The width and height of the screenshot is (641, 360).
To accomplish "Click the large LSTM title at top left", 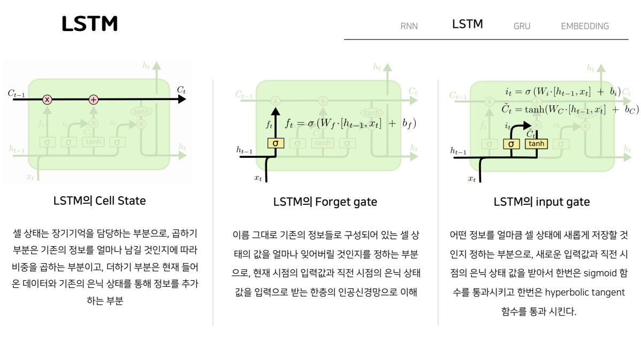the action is tap(89, 24).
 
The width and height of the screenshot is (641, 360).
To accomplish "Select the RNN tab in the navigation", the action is tap(409, 26).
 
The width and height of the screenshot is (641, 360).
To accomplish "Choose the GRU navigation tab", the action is tap(522, 26).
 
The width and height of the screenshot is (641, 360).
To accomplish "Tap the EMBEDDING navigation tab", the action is tap(585, 26).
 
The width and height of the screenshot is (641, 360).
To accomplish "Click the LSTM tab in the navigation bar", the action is tap(467, 24).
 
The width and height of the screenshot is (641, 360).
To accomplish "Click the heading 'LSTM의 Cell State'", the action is tap(100, 201).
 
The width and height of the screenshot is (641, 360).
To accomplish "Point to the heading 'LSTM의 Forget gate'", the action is tap(325, 202).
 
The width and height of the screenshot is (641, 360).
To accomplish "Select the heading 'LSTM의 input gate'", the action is tap(541, 202).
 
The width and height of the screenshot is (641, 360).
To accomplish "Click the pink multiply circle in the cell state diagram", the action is tap(47, 99).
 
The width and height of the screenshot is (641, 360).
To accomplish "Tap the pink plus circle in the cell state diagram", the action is tap(94, 99).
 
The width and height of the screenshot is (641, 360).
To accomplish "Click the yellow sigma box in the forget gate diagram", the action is tap(276, 143).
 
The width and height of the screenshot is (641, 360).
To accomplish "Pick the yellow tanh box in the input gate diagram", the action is tap(536, 143).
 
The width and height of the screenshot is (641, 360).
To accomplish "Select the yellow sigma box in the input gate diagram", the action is tap(511, 143).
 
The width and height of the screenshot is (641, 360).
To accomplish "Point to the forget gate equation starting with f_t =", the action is tap(350, 124).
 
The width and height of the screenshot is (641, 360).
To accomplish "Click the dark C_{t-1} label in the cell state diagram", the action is tap(16, 93).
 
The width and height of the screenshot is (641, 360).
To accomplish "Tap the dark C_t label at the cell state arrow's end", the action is tap(181, 90).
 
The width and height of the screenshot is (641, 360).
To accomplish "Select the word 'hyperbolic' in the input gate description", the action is tap(567, 293).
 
